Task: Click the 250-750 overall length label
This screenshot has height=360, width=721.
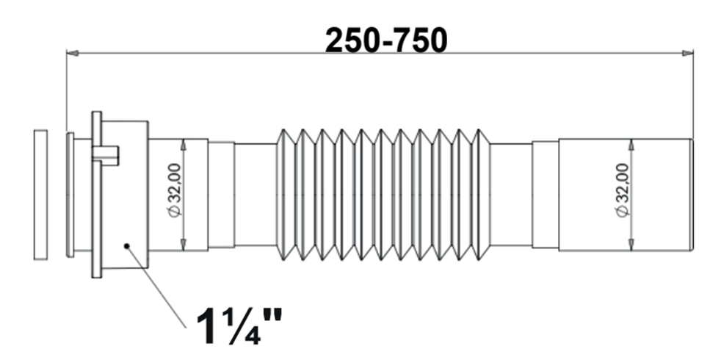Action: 386,40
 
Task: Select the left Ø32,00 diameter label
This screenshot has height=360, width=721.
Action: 175,190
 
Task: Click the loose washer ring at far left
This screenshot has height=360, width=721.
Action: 41,195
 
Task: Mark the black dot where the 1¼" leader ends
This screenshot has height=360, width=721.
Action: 127,246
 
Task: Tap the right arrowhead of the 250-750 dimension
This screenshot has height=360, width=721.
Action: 687,54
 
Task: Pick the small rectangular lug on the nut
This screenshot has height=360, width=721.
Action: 106,156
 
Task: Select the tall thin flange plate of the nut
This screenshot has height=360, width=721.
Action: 97,195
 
